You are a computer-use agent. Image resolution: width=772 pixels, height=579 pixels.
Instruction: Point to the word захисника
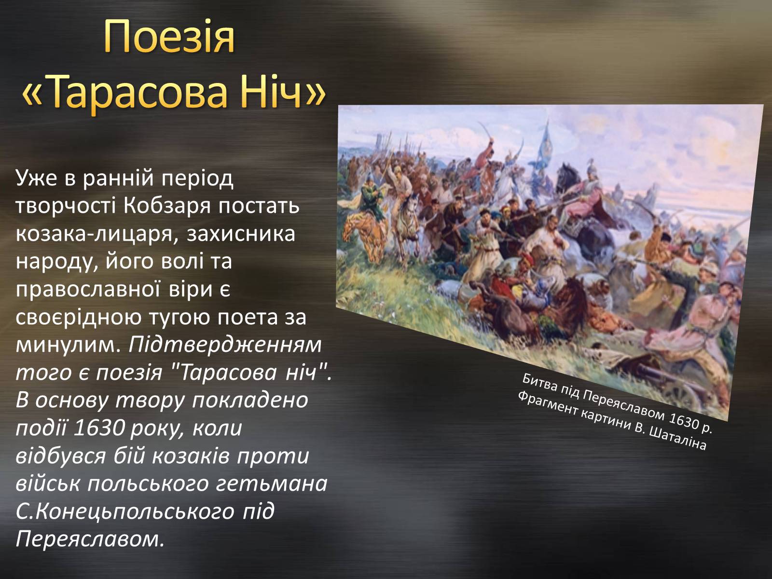click(241, 234)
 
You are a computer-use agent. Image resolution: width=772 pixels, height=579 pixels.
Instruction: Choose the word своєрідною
click(79, 318)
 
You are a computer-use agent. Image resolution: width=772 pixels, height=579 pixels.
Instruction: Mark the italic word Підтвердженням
click(225, 346)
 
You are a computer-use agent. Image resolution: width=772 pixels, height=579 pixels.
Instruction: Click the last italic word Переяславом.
click(90, 539)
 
